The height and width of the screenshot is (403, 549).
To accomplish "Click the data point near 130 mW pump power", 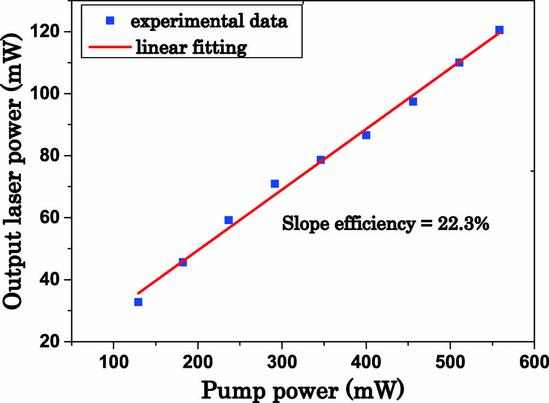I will (x=138, y=302).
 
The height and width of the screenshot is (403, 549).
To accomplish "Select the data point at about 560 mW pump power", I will (x=499, y=30).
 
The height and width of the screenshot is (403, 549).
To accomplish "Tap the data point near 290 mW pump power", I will (x=274, y=183).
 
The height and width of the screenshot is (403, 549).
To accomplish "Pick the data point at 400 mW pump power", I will (x=366, y=135).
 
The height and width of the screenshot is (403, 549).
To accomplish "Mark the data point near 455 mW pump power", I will (x=413, y=102).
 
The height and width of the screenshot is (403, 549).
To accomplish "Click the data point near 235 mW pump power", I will (x=228, y=220).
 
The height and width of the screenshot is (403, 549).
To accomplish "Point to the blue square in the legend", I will (x=109, y=21).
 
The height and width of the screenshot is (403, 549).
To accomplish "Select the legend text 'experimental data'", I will (x=209, y=21).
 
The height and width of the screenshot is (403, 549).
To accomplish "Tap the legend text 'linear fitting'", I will (x=192, y=48).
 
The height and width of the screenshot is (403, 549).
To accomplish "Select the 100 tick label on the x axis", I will (x=113, y=362).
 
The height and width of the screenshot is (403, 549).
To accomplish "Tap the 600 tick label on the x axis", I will (x=534, y=362).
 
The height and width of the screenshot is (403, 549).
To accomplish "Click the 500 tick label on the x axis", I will (x=450, y=362).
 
